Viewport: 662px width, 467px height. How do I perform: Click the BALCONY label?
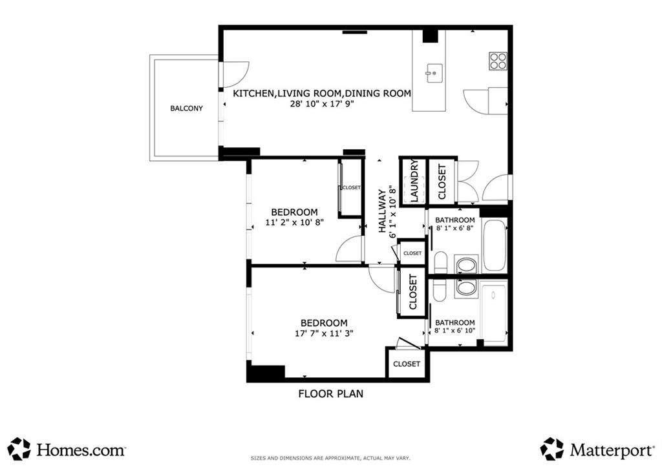186,109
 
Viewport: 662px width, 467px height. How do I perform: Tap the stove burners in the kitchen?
498,61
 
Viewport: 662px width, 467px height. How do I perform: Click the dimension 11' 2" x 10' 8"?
294,222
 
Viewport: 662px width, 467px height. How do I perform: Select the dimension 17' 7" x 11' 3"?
323,333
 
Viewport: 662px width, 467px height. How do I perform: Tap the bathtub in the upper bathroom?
495,246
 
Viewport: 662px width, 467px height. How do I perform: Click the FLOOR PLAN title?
330,393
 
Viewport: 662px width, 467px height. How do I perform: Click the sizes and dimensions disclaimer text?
330,459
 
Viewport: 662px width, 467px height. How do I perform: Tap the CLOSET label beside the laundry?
442,182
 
